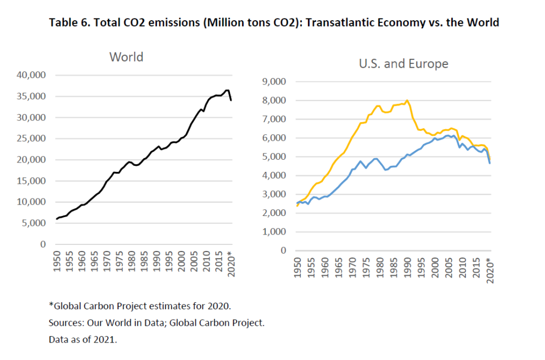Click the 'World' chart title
coord(126,57)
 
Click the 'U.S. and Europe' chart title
coord(403,64)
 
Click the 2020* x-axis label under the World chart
coord(231,265)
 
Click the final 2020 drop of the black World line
coord(231,100)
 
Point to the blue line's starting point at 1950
coord(297,203)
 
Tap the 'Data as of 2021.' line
coord(83,340)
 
